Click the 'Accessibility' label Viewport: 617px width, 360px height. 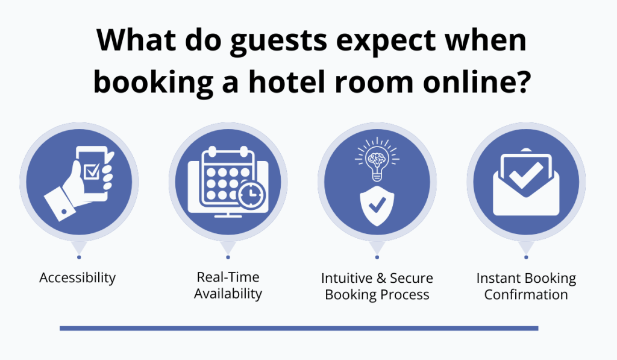click(x=77, y=278)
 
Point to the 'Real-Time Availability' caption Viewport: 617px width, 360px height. click(x=228, y=285)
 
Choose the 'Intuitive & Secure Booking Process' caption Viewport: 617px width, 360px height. click(x=377, y=286)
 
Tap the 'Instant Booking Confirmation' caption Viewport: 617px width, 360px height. click(x=526, y=286)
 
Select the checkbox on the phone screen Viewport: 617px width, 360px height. click(x=92, y=171)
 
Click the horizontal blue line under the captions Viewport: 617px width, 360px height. click(x=299, y=329)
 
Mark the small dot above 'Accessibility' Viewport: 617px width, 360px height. click(x=78, y=257)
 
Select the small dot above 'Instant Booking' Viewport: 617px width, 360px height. click(x=526, y=257)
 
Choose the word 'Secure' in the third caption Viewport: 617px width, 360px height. click(x=412, y=279)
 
